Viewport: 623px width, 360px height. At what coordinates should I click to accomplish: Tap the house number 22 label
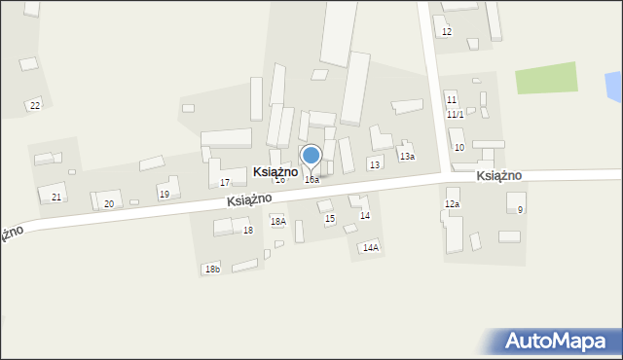(35, 105)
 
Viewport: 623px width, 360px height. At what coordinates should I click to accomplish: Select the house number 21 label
(56, 198)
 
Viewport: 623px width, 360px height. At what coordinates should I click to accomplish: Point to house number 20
(109, 203)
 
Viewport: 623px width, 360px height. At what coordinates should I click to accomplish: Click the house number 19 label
(165, 195)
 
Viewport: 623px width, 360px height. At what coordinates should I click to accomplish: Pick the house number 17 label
(225, 183)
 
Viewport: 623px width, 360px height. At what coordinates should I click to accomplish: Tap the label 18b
(212, 269)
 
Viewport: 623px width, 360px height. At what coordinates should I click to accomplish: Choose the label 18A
(278, 222)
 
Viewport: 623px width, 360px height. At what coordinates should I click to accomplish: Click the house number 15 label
(330, 219)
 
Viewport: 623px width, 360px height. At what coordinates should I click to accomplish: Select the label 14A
(371, 248)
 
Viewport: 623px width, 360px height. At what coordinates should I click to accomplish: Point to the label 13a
(407, 157)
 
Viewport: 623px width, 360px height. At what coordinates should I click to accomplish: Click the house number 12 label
(447, 32)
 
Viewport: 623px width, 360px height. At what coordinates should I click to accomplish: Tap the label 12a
(452, 204)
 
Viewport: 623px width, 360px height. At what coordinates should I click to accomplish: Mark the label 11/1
(456, 115)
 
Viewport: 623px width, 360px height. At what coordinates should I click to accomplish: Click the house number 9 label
(521, 210)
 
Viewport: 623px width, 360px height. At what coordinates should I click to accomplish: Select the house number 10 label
(458, 148)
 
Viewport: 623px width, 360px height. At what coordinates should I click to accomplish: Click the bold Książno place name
(275, 171)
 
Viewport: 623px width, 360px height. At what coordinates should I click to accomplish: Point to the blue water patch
(614, 87)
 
